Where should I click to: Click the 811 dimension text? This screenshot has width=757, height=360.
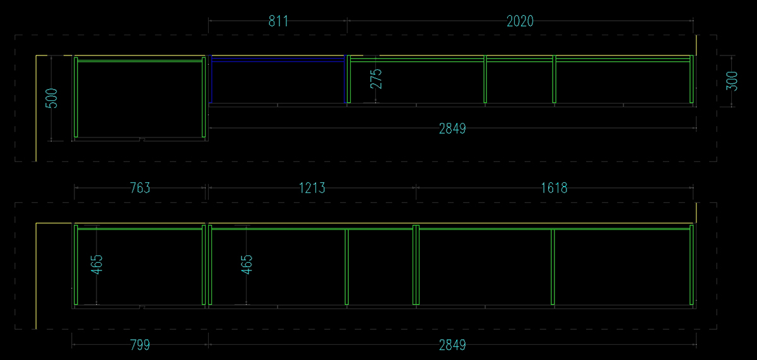[x=278, y=21]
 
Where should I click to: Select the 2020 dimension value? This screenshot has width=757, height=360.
[x=520, y=21]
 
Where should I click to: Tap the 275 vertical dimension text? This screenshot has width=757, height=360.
[x=376, y=78]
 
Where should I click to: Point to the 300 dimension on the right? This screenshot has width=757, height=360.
[x=732, y=81]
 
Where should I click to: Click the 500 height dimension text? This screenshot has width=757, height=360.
[x=52, y=98]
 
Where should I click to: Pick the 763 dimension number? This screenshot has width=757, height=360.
[x=139, y=188]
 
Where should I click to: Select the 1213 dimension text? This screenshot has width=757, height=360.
[x=312, y=188]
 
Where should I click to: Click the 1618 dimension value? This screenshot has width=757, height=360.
[x=554, y=188]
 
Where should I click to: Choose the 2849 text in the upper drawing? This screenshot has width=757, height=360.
[x=452, y=129]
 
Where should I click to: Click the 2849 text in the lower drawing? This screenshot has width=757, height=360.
[x=452, y=345]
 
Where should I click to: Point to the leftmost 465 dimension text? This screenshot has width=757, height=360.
[x=97, y=265]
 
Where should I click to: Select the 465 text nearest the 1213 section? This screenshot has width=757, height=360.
[x=247, y=265]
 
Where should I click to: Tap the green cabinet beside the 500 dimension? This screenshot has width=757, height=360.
[x=139, y=98]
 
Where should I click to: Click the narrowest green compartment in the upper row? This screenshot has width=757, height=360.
[x=520, y=82]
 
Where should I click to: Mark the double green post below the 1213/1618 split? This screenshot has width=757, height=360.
[x=416, y=265]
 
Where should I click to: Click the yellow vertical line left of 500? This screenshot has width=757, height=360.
[x=35, y=107]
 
